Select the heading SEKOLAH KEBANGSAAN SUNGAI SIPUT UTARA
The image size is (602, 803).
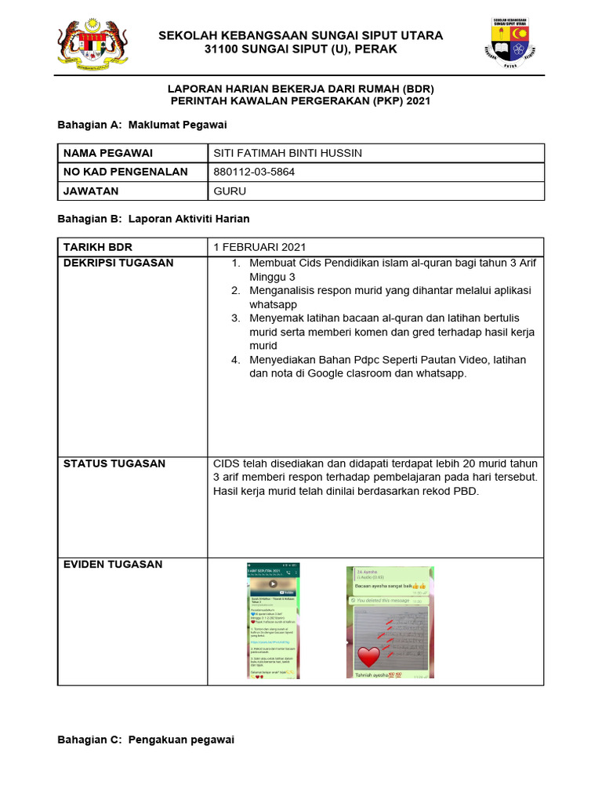pyautogui.click(x=300, y=35)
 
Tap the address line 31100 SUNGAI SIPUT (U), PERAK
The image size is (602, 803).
pyautogui.click(x=300, y=49)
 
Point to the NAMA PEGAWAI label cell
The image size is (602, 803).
pyautogui.click(x=108, y=153)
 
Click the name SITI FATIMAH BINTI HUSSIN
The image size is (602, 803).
pyautogui.click(x=288, y=153)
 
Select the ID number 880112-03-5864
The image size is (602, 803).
pyautogui.click(x=254, y=172)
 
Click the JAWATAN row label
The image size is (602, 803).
pyautogui.click(x=91, y=191)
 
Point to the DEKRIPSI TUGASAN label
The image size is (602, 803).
pyautogui.click(x=118, y=263)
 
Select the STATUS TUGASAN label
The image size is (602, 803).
pyautogui.click(x=114, y=463)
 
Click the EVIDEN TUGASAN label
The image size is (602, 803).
pyautogui.click(x=113, y=564)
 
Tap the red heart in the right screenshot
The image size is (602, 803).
pyautogui.click(x=368, y=656)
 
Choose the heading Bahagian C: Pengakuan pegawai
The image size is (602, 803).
pyautogui.click(x=147, y=739)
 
